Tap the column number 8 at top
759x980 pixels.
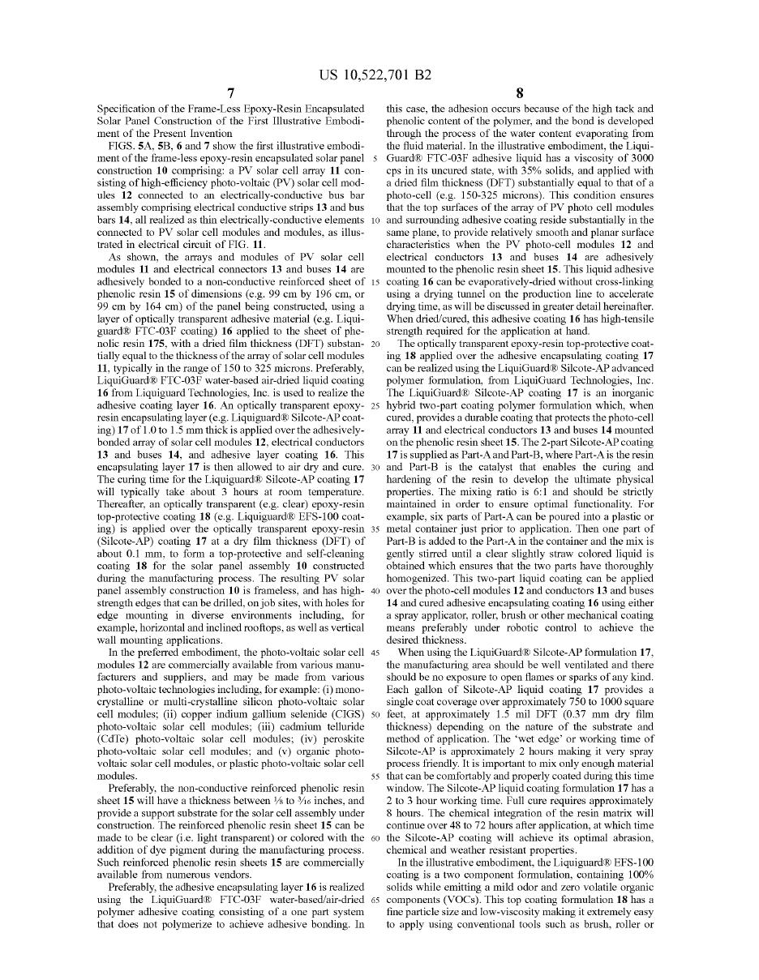click(520, 92)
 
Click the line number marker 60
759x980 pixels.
click(375, 837)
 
